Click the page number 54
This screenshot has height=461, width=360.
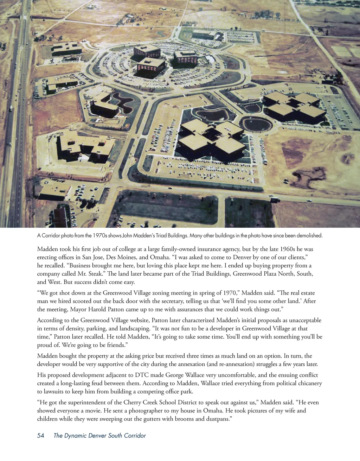point(41,436)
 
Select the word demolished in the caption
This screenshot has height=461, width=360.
point(309,235)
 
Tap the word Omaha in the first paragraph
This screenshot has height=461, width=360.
point(159,257)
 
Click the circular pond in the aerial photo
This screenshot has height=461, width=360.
point(256,124)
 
